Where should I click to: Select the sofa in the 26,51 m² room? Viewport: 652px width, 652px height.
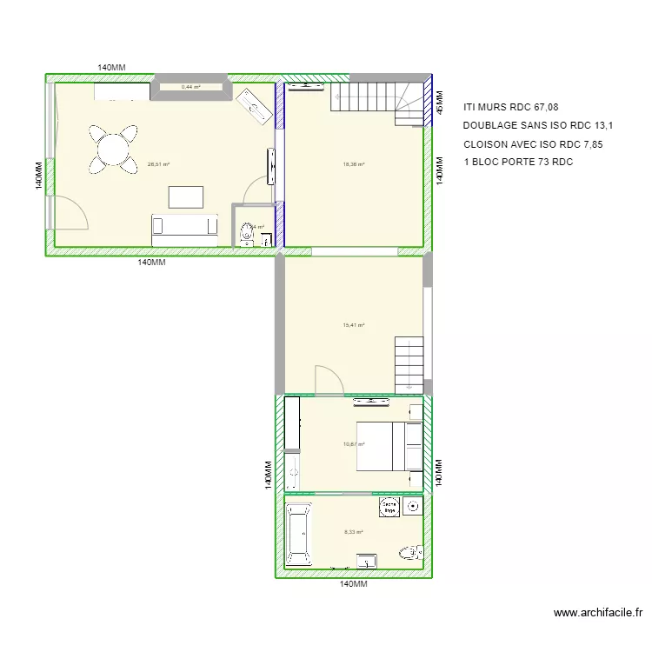point(184,226)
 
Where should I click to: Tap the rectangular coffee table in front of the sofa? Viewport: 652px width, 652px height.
point(186,196)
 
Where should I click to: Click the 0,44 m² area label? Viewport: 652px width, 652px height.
point(190,87)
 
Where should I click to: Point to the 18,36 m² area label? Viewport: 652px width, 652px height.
point(354,163)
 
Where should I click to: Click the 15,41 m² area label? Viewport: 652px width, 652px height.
point(354,325)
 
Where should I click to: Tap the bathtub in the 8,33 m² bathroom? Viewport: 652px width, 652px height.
point(298,533)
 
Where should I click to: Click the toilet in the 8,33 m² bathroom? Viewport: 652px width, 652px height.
point(409,551)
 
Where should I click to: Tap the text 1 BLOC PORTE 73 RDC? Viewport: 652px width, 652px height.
point(518,162)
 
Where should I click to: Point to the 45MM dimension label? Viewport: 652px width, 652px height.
point(439,103)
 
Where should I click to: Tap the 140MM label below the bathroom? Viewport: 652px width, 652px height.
point(354,585)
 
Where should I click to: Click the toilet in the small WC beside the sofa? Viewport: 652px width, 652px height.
point(249,232)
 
